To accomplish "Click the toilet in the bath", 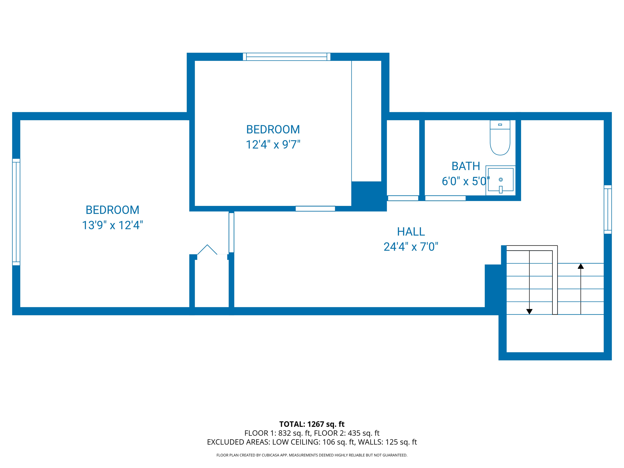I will (x=500, y=139).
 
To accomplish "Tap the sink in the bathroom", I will (x=501, y=180).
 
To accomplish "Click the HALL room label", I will (x=411, y=232).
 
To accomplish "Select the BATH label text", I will (x=466, y=166).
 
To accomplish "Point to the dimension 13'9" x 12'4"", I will (x=112, y=225).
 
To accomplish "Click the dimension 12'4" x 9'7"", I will (x=273, y=144).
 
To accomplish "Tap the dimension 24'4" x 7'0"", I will (x=411, y=246).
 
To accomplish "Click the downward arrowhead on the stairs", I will (x=529, y=311).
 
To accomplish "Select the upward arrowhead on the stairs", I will (x=581, y=266).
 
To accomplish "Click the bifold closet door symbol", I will (x=207, y=250).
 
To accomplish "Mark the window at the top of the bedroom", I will (x=286, y=57).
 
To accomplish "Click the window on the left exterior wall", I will (x=16, y=212).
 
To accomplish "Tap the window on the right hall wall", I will (x=608, y=209).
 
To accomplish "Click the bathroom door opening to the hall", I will (x=445, y=198).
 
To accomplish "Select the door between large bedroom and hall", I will (x=232, y=232).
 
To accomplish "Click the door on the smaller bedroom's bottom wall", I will (x=315, y=209).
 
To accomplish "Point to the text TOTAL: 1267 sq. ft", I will (x=312, y=424).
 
